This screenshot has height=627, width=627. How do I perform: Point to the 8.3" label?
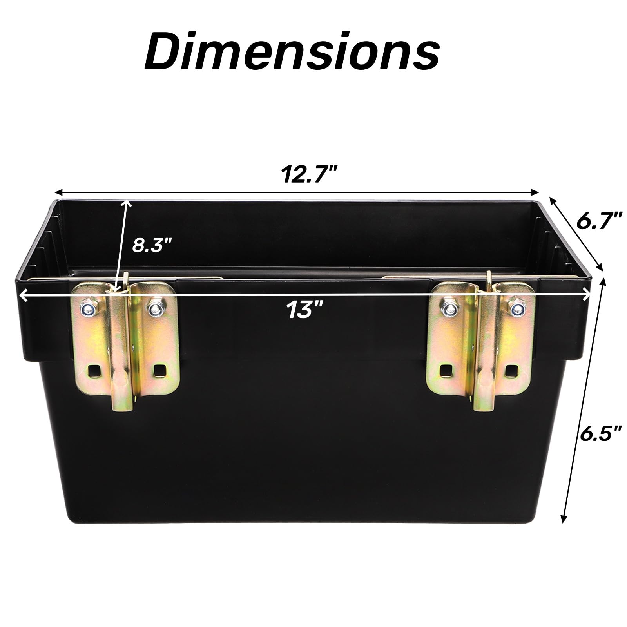[x=152, y=246]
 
